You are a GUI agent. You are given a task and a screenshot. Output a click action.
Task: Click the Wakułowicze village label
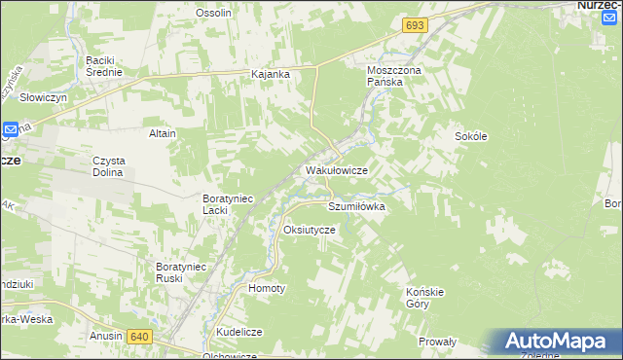[336, 170]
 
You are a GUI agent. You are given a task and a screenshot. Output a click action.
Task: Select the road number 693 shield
[414, 22]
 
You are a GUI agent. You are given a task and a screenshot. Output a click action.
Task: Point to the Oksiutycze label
[309, 230]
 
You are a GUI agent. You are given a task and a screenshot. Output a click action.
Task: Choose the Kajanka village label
[272, 75]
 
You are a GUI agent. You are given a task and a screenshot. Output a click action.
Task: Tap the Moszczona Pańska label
[391, 77]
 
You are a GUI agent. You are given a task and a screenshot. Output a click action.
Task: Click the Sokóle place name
[470, 137]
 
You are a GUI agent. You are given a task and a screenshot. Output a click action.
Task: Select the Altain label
[162, 132]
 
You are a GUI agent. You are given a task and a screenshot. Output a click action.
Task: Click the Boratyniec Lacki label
[227, 203]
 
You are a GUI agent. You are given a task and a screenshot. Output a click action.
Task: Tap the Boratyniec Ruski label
[182, 271]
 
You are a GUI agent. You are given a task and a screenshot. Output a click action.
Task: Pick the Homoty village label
[267, 289]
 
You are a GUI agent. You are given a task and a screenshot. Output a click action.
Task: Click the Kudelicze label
[239, 332]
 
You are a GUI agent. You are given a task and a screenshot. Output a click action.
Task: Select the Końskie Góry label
[423, 298]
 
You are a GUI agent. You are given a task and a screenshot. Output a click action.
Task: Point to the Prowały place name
[437, 342]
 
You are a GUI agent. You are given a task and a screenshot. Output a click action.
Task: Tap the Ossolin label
[213, 13]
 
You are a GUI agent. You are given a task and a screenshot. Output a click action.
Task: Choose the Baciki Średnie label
[104, 65]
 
